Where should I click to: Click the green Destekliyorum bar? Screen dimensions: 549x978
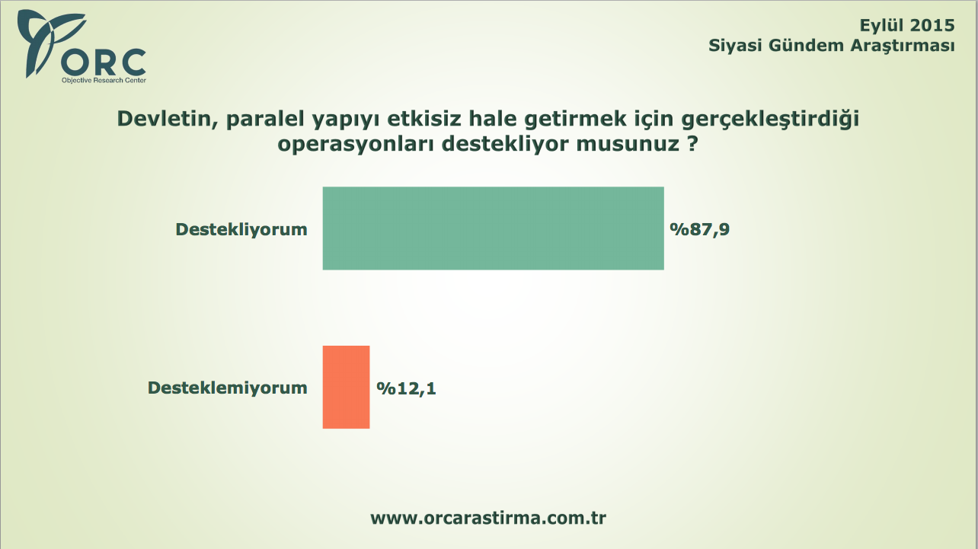coord(493,228)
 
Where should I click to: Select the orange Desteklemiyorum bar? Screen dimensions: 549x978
coord(346,387)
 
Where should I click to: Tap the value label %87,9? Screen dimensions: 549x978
coord(700,229)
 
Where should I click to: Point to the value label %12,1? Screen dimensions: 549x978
coord(407,388)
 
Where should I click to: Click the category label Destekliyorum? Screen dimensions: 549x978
coord(241,229)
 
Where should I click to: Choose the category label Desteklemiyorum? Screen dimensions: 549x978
coord(227,388)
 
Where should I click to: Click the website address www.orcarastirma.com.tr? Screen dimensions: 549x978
coord(488,518)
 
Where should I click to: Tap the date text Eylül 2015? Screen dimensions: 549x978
coord(906,26)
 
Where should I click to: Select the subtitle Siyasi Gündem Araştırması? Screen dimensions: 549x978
coord(831,46)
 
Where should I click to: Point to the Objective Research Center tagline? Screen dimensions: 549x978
coord(104,80)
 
